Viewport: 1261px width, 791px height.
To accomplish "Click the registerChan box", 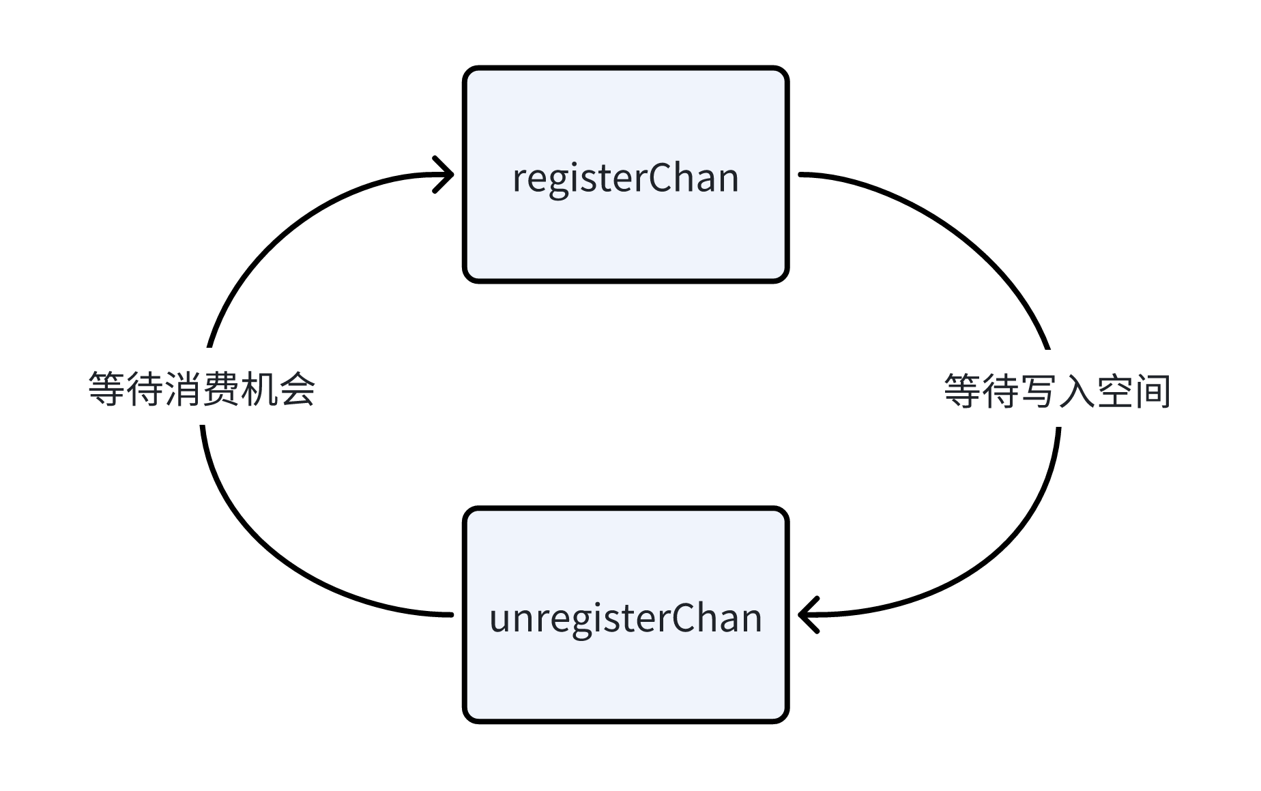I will click(625, 225).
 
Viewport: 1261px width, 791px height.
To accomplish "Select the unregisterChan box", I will click(625, 668).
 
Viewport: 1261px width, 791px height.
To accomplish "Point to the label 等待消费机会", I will click(202, 390).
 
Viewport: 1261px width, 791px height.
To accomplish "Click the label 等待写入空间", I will click(1057, 391).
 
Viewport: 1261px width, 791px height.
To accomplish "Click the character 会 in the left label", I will click(298, 390).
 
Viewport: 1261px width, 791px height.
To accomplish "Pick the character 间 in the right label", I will click(1153, 391).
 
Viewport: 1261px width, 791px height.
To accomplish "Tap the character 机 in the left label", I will click(259, 390).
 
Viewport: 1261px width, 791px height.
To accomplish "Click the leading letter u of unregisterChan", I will click(498, 621).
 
